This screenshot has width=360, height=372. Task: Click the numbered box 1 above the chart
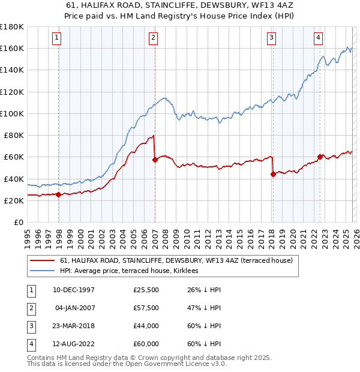click(x=57, y=38)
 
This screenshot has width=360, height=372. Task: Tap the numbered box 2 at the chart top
click(x=153, y=38)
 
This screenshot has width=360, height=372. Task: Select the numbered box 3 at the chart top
click(x=272, y=38)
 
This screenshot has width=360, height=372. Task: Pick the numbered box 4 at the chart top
click(x=318, y=38)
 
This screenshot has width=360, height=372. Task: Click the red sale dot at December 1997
click(x=58, y=194)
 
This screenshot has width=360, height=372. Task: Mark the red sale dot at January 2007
click(x=155, y=160)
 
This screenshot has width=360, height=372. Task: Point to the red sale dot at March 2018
click(x=273, y=174)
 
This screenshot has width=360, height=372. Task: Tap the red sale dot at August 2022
click(x=320, y=157)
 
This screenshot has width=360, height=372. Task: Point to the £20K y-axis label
click(x=14, y=201)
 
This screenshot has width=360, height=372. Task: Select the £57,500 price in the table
click(x=146, y=308)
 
